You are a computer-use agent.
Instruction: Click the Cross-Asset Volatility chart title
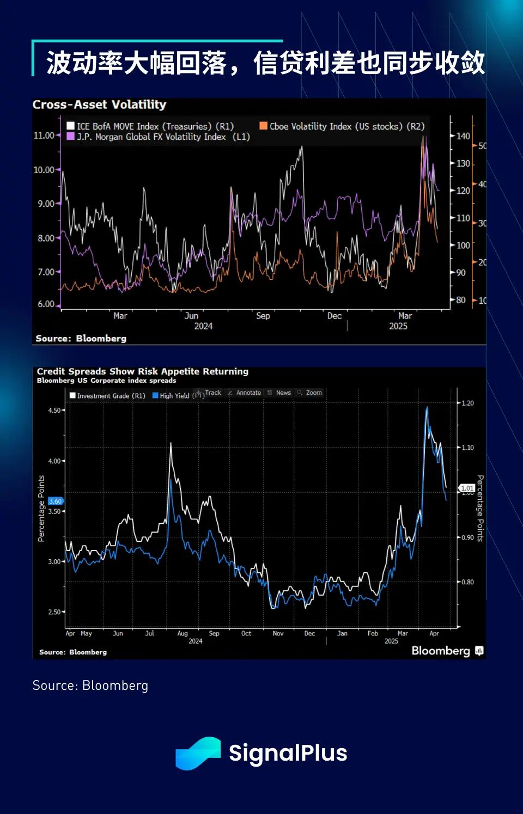[x=99, y=105]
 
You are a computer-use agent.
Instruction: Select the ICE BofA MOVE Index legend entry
[x=150, y=126]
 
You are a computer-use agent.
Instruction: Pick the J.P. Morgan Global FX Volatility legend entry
[x=158, y=137]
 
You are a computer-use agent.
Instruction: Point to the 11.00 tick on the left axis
[x=44, y=135]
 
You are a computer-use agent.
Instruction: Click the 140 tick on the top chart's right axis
[x=463, y=136]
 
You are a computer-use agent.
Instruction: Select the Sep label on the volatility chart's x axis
[x=263, y=316]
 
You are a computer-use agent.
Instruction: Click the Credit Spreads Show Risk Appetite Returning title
[x=143, y=371]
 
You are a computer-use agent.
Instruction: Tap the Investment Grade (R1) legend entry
[x=108, y=396]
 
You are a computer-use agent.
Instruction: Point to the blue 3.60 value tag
[x=56, y=501]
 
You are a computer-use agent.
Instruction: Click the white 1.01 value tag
[x=467, y=488]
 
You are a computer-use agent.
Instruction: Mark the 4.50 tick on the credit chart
[x=54, y=411]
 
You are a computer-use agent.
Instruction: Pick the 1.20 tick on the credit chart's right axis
[x=467, y=403]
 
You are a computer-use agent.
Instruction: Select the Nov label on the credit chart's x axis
[x=278, y=634]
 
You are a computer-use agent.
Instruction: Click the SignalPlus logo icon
[x=198, y=754]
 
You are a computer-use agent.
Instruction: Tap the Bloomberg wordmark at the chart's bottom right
[x=441, y=651]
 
